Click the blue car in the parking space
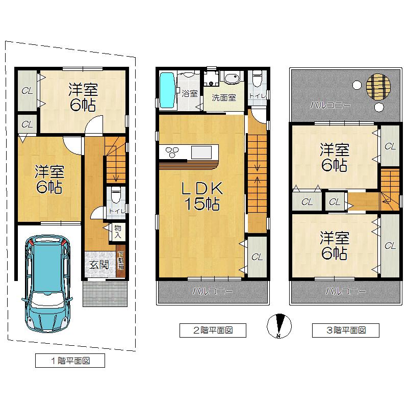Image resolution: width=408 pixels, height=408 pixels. (47, 284)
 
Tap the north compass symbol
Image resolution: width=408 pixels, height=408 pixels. (279, 326)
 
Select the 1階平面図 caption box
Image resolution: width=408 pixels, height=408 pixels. (70, 361)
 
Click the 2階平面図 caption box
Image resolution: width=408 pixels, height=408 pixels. (213, 330)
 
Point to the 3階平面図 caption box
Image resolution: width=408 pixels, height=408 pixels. (346, 330)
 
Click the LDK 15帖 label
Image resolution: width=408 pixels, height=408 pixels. (202, 196)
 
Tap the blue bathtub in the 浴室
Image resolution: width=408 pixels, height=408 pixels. (167, 90)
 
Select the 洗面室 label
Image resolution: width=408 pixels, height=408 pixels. (224, 98)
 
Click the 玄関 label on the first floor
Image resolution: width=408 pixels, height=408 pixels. (99, 265)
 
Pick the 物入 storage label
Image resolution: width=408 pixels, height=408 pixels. (118, 232)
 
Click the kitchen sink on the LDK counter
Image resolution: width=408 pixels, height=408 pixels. (201, 152)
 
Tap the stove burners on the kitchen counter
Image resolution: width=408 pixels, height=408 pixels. (172, 152)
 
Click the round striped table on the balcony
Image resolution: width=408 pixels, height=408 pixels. (378, 87)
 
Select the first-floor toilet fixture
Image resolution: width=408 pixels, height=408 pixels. (116, 195)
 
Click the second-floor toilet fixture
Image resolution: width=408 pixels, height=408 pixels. (258, 79)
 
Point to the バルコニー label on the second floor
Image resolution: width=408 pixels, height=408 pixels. (213, 291)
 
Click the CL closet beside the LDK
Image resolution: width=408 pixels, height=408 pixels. (257, 257)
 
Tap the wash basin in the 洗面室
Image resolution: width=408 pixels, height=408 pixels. (232, 78)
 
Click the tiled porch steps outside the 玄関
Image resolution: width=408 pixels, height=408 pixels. (105, 294)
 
